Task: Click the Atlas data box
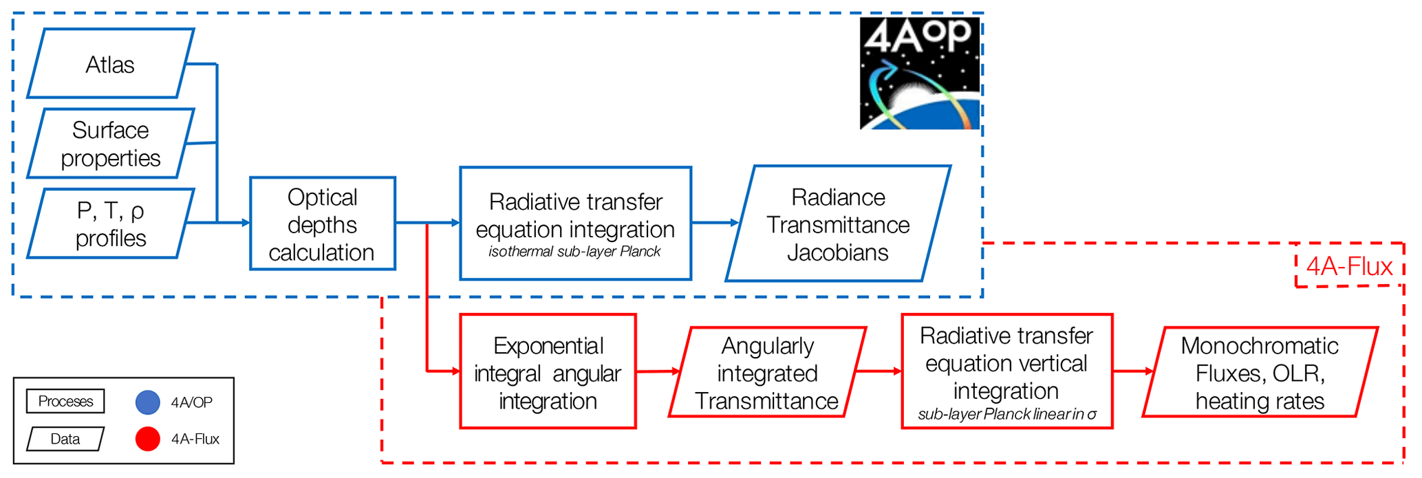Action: (x=110, y=64)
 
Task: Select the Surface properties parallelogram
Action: (x=110, y=144)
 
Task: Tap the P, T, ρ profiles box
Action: (x=110, y=224)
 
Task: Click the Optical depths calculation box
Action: (x=322, y=224)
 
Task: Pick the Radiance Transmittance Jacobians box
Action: (x=838, y=224)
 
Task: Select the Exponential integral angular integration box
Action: (x=548, y=372)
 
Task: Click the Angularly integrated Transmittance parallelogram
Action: (x=767, y=373)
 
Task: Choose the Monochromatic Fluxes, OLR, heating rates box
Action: (x=1260, y=373)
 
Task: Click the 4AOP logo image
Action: (x=920, y=74)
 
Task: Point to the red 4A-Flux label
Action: (x=1349, y=266)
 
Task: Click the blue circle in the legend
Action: (x=148, y=402)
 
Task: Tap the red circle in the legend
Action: (x=148, y=439)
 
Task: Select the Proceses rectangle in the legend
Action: (x=65, y=402)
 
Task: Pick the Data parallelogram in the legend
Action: (x=65, y=439)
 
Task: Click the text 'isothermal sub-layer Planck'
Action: (x=574, y=252)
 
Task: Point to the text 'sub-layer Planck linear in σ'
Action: (x=1006, y=414)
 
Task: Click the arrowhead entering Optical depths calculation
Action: (x=245, y=223)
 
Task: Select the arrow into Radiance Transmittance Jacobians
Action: (x=734, y=223)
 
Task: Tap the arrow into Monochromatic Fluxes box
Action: (x=1150, y=371)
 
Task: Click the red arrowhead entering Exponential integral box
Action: (x=455, y=371)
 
